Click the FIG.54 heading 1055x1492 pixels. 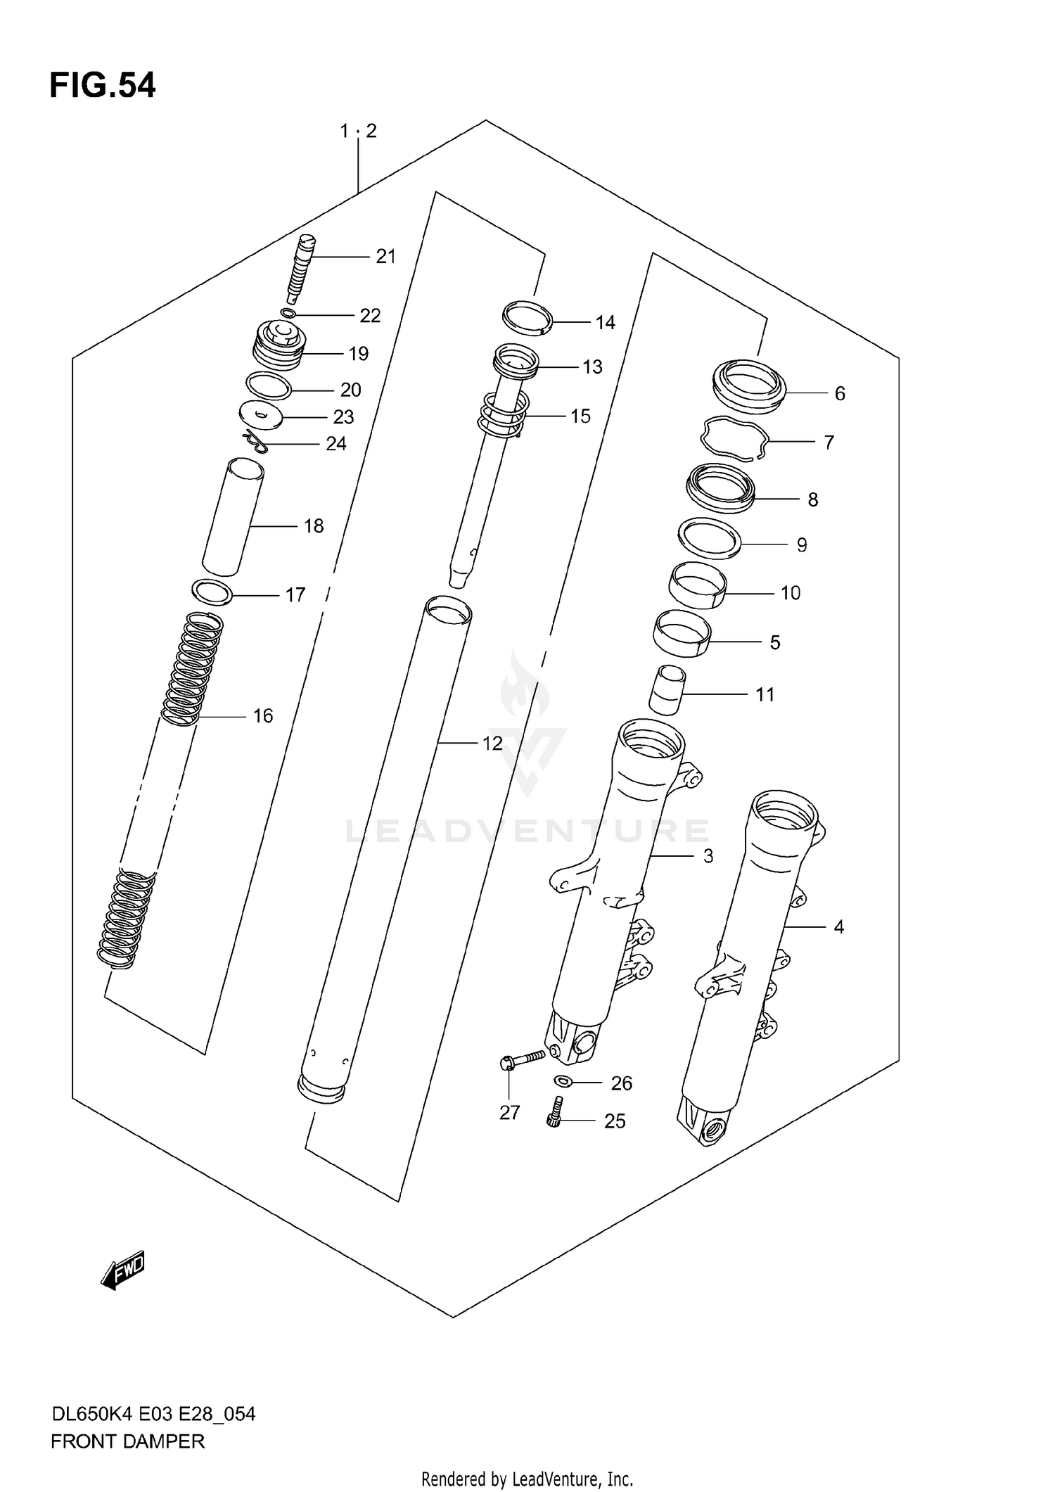(x=103, y=86)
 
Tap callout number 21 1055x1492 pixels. (x=385, y=257)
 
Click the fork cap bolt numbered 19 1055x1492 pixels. (x=279, y=345)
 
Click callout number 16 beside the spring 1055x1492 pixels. (x=262, y=716)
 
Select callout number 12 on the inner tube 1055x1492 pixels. (x=492, y=743)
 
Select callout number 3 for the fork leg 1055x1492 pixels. (x=708, y=856)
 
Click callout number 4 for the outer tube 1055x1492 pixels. (x=838, y=927)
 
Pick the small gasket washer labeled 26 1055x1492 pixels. (x=563, y=1081)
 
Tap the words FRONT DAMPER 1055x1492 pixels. (x=127, y=1441)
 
